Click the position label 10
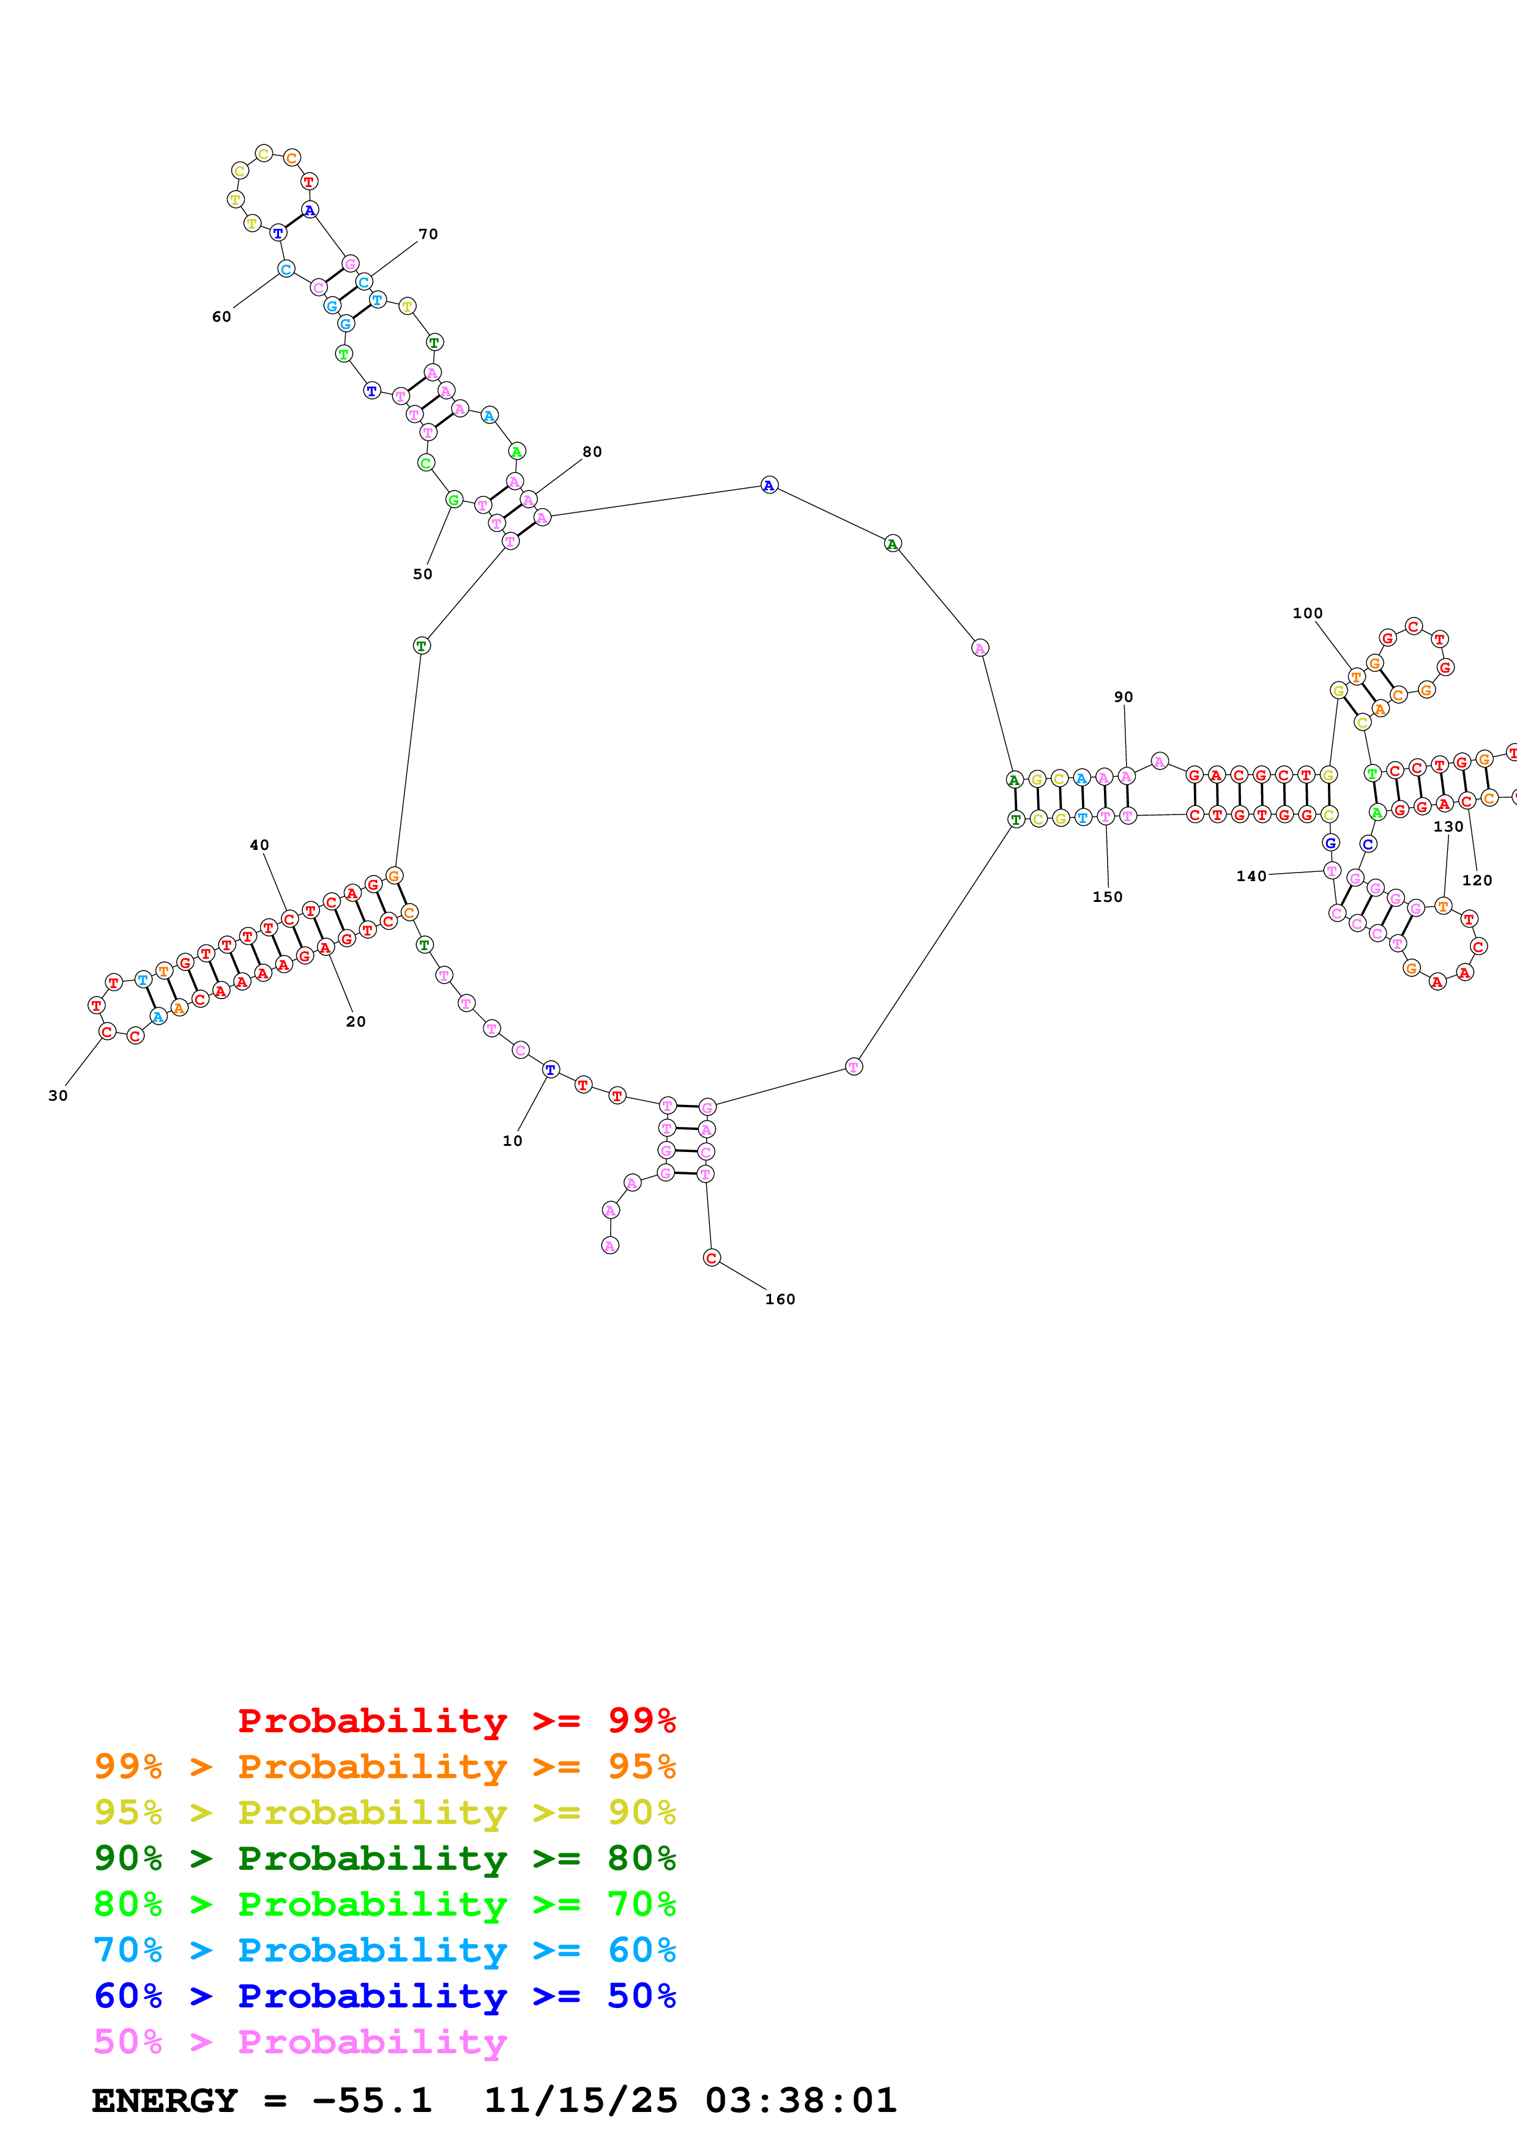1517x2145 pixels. click(x=512, y=1141)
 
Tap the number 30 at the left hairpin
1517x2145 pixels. click(x=58, y=1096)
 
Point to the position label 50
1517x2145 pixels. click(x=422, y=575)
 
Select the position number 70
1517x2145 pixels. click(x=428, y=234)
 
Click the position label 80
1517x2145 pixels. click(x=592, y=452)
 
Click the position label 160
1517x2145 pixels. click(x=780, y=1299)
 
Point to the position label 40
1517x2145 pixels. click(x=259, y=846)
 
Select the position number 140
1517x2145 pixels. click(x=1251, y=876)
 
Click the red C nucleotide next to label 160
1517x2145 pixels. click(x=711, y=1258)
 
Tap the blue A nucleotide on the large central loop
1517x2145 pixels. click(x=769, y=485)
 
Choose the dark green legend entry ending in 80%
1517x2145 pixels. click(x=384, y=1858)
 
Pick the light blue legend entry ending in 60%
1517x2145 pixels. click(x=384, y=1950)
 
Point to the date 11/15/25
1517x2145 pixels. click(x=580, y=2100)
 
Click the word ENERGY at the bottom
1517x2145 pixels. click(x=165, y=2100)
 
